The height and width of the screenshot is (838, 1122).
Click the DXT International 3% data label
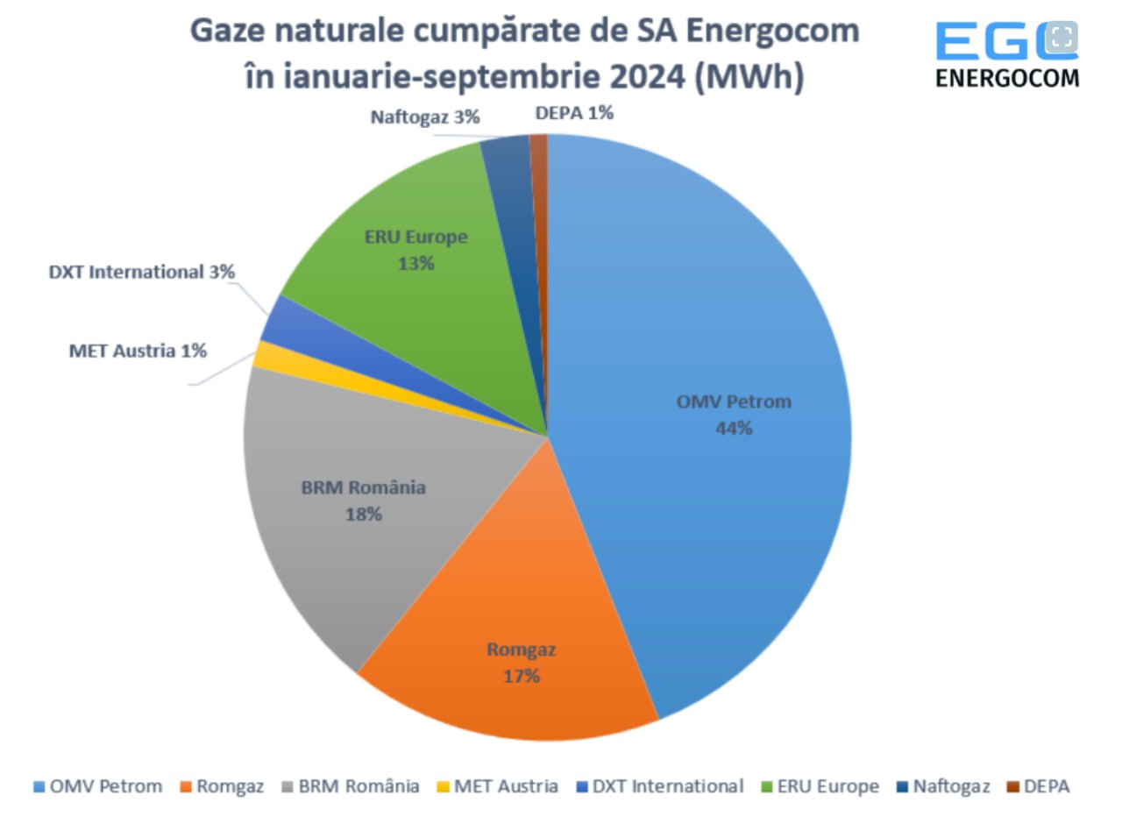click(x=142, y=272)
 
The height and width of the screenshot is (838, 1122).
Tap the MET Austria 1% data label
click(x=138, y=351)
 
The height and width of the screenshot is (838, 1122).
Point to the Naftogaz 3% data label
click(x=425, y=117)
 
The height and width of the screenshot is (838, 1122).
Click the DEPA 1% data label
click(x=574, y=113)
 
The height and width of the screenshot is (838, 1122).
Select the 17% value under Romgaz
click(x=522, y=676)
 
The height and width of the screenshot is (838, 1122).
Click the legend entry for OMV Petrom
click(x=97, y=786)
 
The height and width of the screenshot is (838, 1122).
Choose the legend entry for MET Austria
click(x=497, y=786)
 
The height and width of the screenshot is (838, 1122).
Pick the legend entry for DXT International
click(x=659, y=786)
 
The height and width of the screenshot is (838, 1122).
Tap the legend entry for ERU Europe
click(x=820, y=786)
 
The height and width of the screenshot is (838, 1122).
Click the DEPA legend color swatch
click(x=1013, y=787)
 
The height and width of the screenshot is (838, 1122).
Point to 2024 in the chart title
click(x=647, y=76)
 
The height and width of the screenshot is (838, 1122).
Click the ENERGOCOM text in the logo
click(x=1007, y=78)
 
